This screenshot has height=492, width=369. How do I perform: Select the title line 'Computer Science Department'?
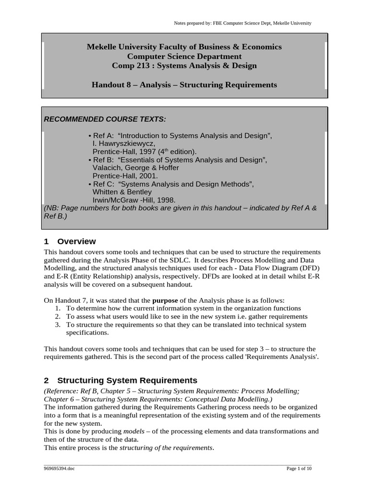[184, 56]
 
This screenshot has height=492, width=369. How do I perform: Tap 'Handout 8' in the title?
[109, 85]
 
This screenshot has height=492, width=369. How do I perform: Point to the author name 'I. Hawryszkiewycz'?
[123, 144]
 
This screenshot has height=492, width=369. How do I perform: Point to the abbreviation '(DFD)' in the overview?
[309, 268]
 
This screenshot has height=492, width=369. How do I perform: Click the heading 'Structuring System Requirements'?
[127, 380]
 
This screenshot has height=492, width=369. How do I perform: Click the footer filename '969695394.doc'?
[58, 468]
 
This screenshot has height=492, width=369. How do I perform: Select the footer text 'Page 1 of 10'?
[299, 468]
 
